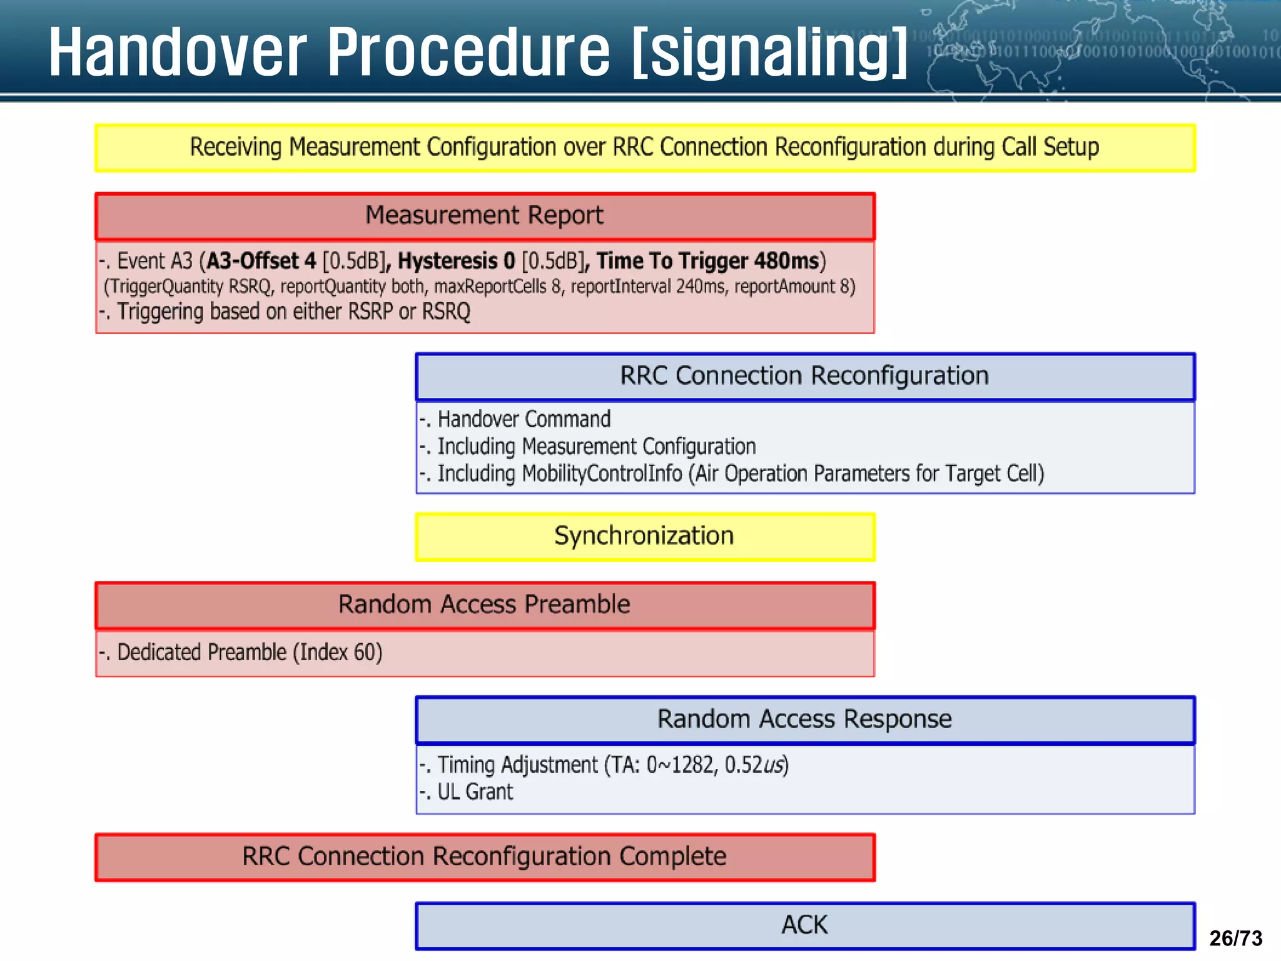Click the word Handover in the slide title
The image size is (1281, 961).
tap(178, 53)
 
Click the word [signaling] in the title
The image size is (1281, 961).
tap(769, 53)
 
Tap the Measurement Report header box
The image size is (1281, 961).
tap(484, 216)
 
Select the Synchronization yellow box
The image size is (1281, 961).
tap(644, 536)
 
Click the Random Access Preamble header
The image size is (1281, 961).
tap(484, 605)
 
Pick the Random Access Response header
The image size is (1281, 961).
tap(804, 719)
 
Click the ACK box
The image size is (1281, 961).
tap(804, 925)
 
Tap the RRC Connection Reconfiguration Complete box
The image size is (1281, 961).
tap(484, 857)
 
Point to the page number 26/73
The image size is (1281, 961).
tap(1235, 938)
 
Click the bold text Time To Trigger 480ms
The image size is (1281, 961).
tap(707, 261)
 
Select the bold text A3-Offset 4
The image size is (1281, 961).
tap(261, 261)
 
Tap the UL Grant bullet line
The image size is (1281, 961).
tap(474, 792)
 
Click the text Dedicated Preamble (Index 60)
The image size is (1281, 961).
tap(249, 653)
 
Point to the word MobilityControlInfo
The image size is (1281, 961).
tap(602, 474)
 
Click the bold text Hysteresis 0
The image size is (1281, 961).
tap(456, 261)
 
